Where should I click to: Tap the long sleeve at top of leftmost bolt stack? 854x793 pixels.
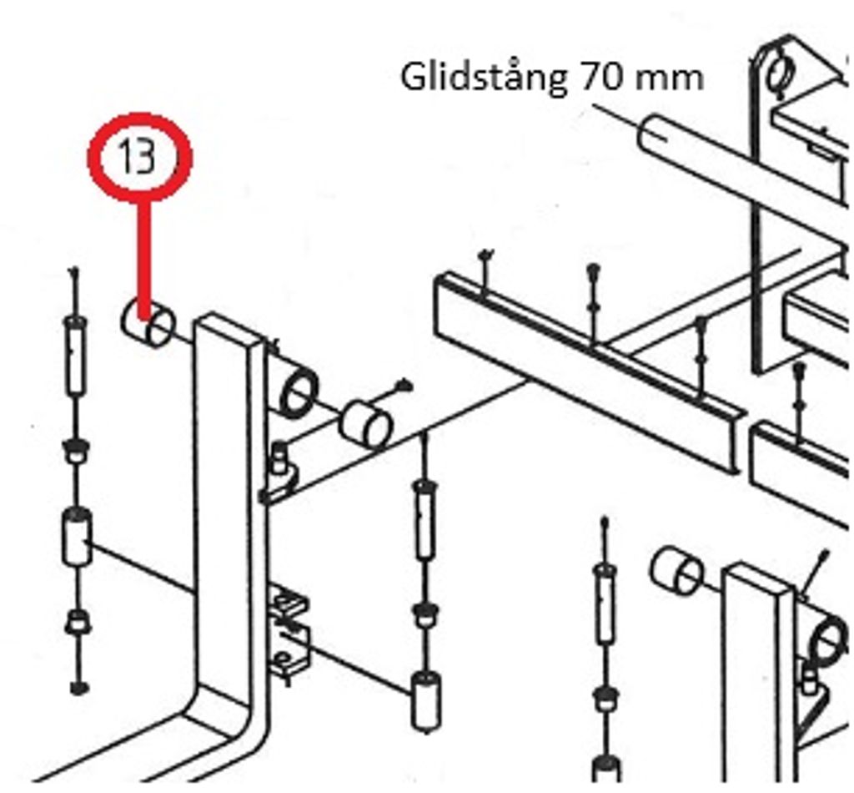[75, 356]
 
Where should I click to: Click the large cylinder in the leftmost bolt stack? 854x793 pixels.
[77, 537]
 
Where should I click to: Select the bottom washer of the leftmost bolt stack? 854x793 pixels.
[79, 688]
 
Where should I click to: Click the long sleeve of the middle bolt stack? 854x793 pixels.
[425, 520]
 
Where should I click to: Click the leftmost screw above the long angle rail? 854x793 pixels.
[485, 271]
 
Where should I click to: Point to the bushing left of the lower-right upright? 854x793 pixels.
[676, 572]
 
